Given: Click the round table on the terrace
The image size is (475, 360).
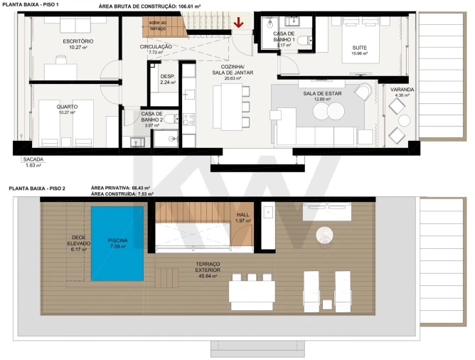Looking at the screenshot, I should coord(325,233).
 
